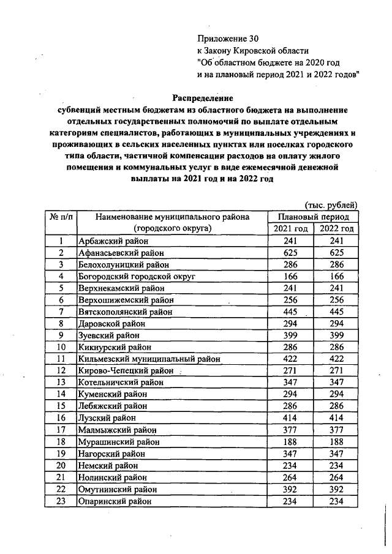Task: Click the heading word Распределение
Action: (202, 97)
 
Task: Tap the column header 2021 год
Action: (290, 228)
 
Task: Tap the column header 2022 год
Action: (335, 228)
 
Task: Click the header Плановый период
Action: (313, 217)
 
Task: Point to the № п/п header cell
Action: (61, 217)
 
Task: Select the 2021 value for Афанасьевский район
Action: (290, 253)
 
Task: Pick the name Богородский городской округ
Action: (136, 277)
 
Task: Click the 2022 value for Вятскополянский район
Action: (335, 312)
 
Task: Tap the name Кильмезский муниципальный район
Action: (149, 359)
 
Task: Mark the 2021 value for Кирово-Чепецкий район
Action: (290, 371)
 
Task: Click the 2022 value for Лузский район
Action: (335, 418)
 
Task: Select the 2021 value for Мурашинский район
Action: (290, 442)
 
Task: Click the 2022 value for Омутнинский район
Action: (335, 490)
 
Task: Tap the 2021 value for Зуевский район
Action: (290, 335)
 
